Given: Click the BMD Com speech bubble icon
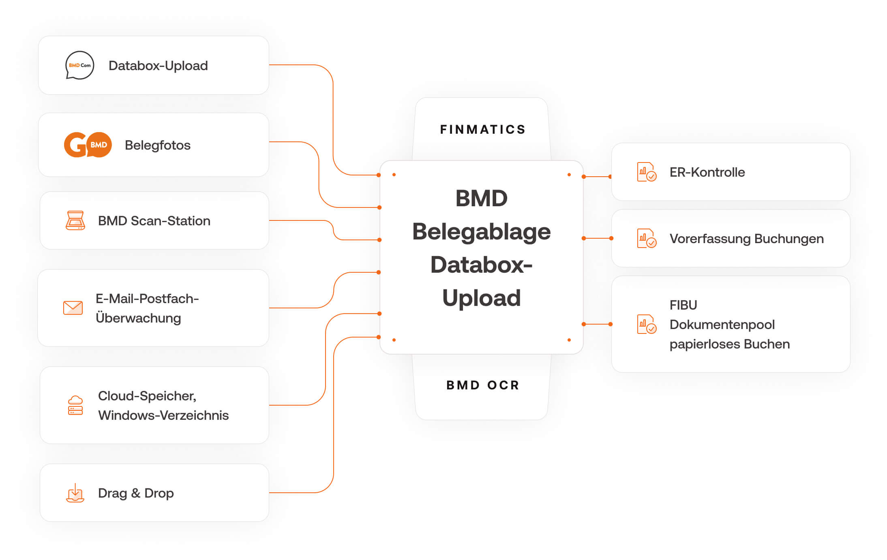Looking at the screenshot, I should click(x=79, y=65).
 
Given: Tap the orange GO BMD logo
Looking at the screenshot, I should click(x=88, y=145).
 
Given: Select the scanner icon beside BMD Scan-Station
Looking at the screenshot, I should click(x=75, y=220).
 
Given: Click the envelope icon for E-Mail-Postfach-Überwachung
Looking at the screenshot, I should click(x=73, y=308).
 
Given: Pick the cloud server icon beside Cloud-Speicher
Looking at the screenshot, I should click(x=75, y=405).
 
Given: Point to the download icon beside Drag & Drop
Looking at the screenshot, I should click(x=75, y=493).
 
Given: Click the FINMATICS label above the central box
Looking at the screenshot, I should click(x=482, y=130).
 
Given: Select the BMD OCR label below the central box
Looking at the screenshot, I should click(x=482, y=385).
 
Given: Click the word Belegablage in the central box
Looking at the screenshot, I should click(x=481, y=232).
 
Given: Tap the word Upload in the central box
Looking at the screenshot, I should click(x=481, y=298).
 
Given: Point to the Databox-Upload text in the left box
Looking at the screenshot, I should click(x=158, y=66).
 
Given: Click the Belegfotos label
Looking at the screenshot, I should click(x=157, y=145).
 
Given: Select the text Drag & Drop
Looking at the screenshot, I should click(x=136, y=493).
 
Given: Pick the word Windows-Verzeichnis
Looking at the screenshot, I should click(x=163, y=415).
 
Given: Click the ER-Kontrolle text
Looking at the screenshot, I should click(x=707, y=172).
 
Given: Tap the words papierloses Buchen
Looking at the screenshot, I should click(x=730, y=344).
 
